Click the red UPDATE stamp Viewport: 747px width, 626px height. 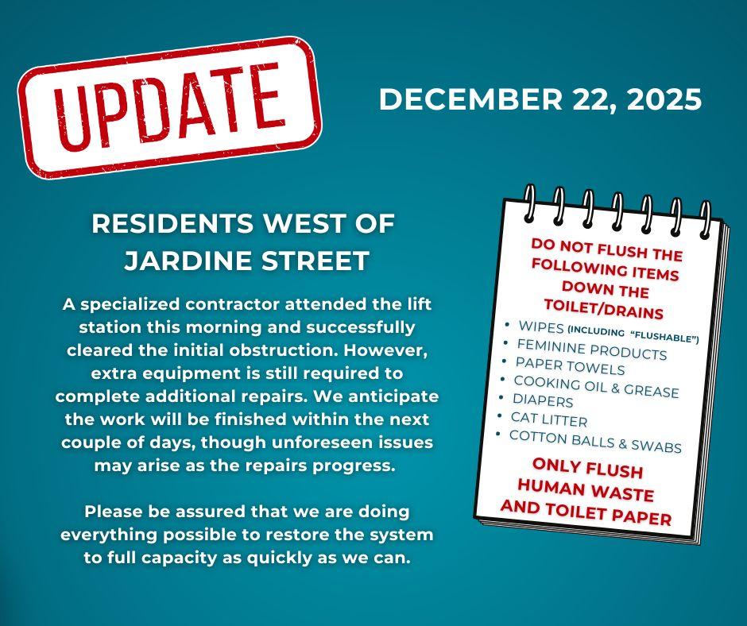pos(169,106)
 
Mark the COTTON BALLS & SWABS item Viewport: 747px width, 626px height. pos(595,442)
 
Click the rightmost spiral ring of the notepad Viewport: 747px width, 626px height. pos(704,219)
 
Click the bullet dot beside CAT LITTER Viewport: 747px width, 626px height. pos(500,415)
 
